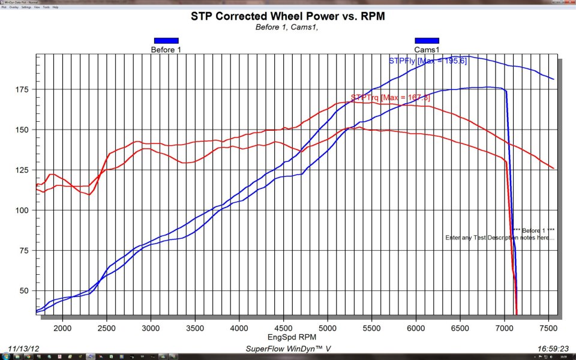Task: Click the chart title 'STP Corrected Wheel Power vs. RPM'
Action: (x=288, y=16)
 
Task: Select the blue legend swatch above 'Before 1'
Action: (x=166, y=41)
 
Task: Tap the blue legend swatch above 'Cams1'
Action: (x=427, y=41)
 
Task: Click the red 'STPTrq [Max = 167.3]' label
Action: (x=381, y=97)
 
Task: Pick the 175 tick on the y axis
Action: (x=23, y=89)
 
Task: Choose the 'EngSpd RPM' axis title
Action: (x=289, y=337)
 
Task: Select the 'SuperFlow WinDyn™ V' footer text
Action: (x=289, y=349)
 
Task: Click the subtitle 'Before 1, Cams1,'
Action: (x=288, y=28)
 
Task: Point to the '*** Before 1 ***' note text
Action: (x=533, y=230)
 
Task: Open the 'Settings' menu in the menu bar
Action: (x=26, y=7)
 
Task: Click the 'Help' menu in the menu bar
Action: (x=56, y=7)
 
